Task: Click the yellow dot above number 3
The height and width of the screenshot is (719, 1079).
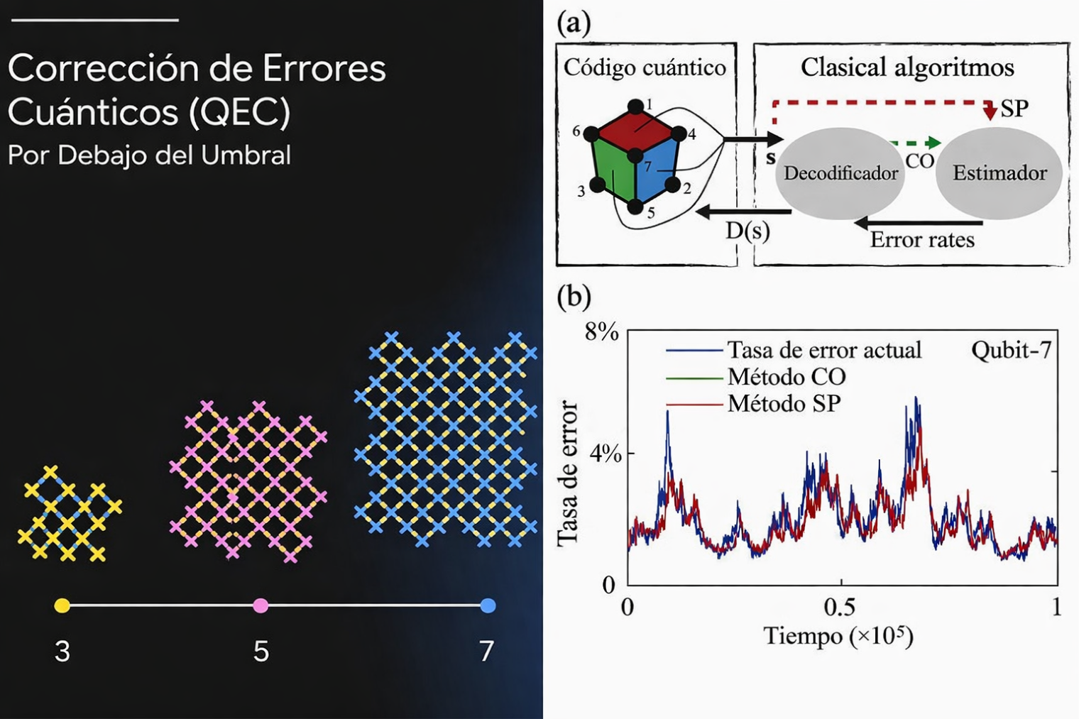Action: coord(62,605)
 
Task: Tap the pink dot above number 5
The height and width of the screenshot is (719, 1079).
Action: coord(261,605)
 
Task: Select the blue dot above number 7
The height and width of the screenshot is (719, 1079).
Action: coord(488,605)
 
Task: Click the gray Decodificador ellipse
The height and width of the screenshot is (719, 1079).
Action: coord(840,173)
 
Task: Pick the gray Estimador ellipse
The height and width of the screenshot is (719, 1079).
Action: coord(999,173)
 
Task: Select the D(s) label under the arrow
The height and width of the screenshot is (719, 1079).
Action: coord(747,231)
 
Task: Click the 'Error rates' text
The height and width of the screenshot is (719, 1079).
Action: coord(922,240)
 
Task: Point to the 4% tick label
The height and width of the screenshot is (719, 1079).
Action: coord(606,454)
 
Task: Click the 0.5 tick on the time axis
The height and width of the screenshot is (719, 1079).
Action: coord(840,608)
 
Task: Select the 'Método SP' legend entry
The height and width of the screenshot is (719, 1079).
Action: coord(784,404)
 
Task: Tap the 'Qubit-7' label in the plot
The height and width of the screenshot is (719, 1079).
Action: coord(1011,350)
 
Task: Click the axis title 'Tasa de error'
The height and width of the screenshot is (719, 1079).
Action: coord(568,473)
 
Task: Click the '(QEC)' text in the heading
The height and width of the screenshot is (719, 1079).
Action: coord(240,111)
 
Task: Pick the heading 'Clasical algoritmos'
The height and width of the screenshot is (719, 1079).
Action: coord(907,67)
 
